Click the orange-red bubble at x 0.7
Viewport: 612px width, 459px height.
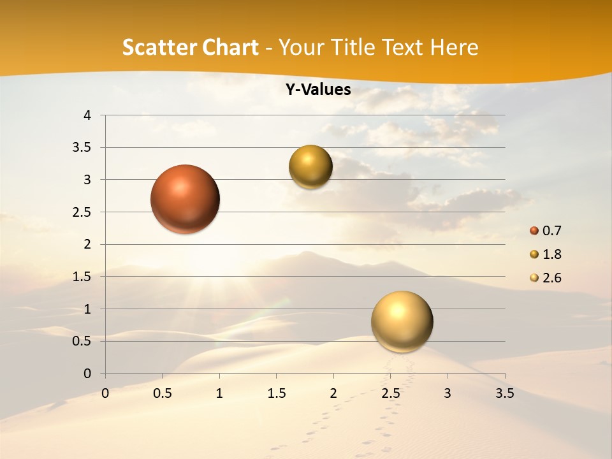coord(185,199)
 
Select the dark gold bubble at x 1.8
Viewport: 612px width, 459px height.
coord(310,167)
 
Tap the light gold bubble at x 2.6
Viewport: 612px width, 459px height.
coord(402,321)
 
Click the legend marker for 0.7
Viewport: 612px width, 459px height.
coord(534,231)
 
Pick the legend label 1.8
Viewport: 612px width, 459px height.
coord(551,254)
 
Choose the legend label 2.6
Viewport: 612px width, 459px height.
coord(551,278)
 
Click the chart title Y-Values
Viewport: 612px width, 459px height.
coord(318,90)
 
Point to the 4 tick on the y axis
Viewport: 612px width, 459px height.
coord(87,115)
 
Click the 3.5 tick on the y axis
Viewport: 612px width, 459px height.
coord(82,148)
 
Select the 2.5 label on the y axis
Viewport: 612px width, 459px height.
coord(82,212)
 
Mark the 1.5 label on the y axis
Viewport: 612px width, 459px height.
coord(82,277)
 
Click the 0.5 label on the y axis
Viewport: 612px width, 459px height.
coord(82,341)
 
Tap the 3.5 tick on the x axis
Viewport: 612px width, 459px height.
coord(504,393)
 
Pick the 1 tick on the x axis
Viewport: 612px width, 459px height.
coord(219,393)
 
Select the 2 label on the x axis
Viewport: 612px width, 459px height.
coord(333,393)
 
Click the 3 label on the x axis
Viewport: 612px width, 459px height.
coord(448,393)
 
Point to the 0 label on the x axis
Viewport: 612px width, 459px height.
coord(105,393)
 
